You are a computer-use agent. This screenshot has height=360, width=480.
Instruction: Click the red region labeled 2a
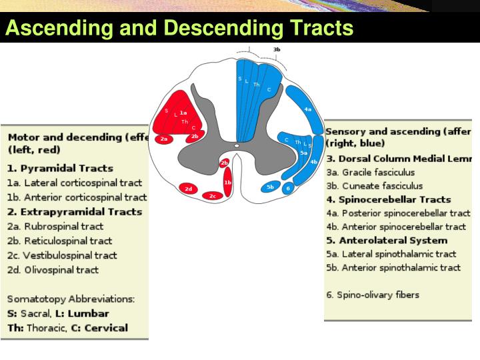pyautogui.click(x=164, y=139)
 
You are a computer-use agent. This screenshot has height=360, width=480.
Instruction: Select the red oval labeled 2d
pyautogui.click(x=189, y=189)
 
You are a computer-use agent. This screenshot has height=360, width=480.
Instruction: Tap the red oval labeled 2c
pyautogui.click(x=212, y=195)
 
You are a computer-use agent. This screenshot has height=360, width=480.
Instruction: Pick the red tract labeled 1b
pyautogui.click(x=227, y=182)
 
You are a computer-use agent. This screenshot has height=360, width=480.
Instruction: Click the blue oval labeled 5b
pyautogui.click(x=270, y=187)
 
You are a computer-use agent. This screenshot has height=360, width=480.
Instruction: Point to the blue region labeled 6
pyautogui.click(x=288, y=189)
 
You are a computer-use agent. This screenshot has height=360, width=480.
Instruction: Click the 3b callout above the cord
pyautogui.click(x=277, y=49)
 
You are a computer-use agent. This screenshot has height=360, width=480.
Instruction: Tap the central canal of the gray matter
pyautogui.click(x=236, y=145)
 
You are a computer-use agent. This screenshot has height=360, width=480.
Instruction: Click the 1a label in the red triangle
pyautogui.click(x=183, y=113)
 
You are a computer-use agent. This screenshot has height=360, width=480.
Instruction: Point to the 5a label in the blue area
pyautogui.click(x=303, y=153)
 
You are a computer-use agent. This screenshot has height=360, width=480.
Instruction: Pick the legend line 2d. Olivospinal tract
pyautogui.click(x=53, y=270)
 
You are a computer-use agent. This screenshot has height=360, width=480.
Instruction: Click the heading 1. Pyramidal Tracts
pyautogui.click(x=61, y=168)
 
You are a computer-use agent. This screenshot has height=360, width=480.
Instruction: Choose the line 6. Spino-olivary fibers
pyautogui.click(x=373, y=294)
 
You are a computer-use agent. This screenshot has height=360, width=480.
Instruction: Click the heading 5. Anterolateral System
pyautogui.click(x=387, y=240)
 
